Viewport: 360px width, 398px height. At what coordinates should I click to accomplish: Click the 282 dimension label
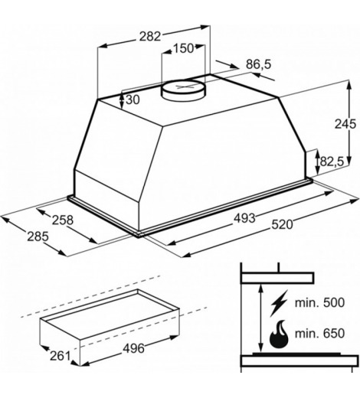(x=150, y=37)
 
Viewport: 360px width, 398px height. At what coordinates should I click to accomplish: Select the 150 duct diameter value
(x=183, y=48)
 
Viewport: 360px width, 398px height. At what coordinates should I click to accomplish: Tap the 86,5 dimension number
(x=258, y=64)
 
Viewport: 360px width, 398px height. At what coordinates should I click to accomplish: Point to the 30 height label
(x=133, y=99)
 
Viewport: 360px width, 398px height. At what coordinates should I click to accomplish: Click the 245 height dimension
(x=345, y=124)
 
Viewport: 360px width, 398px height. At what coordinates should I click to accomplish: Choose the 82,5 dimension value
(x=332, y=161)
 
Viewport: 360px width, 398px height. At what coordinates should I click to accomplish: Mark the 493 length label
(x=244, y=218)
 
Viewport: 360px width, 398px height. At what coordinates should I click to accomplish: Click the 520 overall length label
(x=282, y=225)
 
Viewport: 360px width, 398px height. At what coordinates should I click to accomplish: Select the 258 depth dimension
(x=63, y=220)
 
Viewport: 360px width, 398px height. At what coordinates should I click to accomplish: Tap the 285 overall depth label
(x=38, y=237)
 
